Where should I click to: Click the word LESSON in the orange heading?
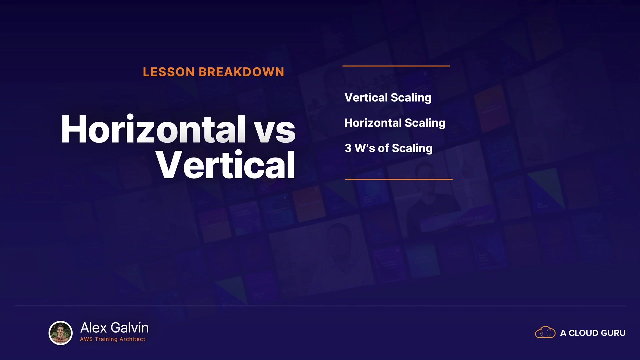coord(169,72)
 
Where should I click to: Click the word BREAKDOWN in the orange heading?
coord(241,72)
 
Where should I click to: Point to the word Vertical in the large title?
coord(225,165)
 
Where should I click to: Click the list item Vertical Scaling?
coord(388,98)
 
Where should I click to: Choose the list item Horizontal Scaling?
coord(395,123)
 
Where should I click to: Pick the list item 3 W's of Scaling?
coord(389,148)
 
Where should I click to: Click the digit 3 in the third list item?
coord(348,148)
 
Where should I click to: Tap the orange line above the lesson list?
coord(396,66)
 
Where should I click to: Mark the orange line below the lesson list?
coord(399,179)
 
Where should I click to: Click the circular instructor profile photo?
coord(61,333)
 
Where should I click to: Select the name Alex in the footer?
coord(94,328)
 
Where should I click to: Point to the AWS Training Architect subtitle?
coord(113,339)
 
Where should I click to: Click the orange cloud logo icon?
coord(545,332)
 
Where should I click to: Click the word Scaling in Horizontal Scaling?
coord(425,123)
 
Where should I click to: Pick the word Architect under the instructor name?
coord(132,339)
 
